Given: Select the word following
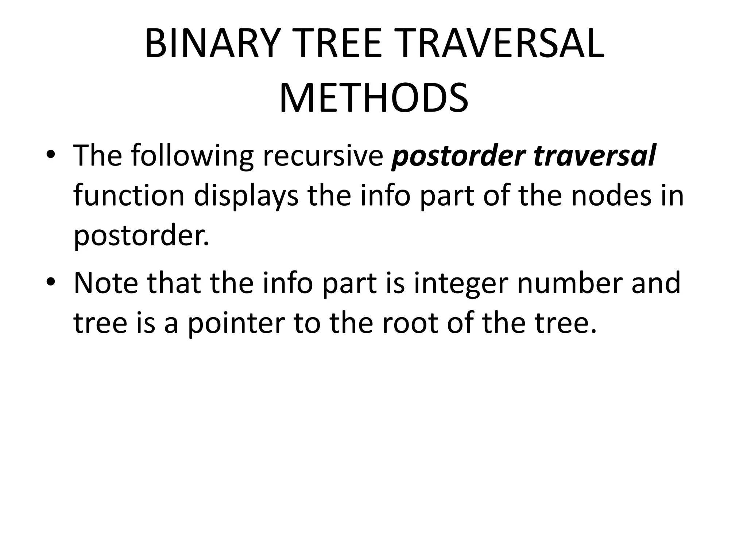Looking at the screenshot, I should click(191, 156).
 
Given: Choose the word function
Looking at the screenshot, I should click(129, 195).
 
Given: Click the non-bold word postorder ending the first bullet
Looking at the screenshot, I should click(141, 236).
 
